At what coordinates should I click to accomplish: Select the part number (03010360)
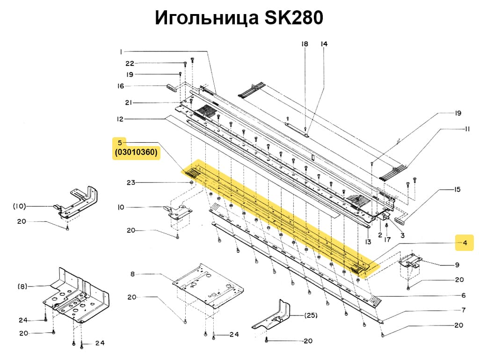(136, 153)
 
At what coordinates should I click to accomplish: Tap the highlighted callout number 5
(120, 142)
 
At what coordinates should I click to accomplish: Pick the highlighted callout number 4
(465, 242)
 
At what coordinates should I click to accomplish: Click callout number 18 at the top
(305, 44)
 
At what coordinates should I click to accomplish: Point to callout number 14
(324, 44)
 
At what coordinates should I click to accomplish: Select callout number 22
(130, 63)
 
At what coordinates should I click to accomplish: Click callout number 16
(121, 86)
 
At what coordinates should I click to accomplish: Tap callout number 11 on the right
(467, 129)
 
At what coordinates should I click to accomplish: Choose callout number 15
(457, 190)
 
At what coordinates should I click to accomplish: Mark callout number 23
(131, 182)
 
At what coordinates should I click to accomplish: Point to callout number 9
(457, 265)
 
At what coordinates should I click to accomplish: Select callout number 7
(463, 310)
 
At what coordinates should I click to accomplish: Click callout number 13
(368, 242)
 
